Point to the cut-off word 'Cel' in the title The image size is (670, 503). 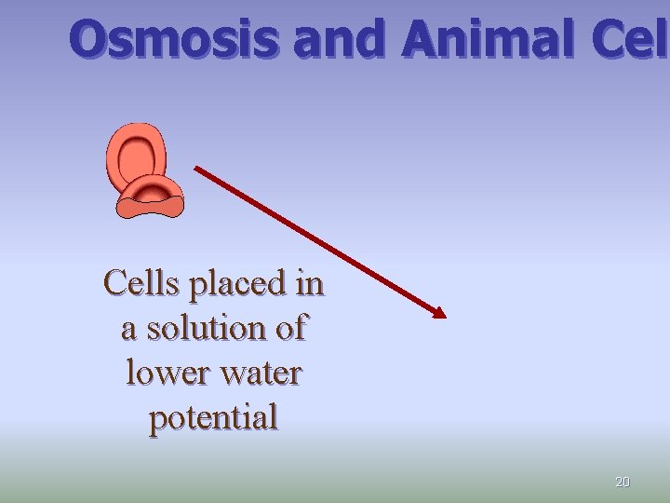click(x=628, y=40)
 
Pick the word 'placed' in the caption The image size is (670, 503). click(x=236, y=283)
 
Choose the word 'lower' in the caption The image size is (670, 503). click(x=163, y=373)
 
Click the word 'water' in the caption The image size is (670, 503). click(x=259, y=373)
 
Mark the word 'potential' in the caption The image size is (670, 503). click(x=213, y=418)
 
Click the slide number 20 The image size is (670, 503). click(x=623, y=482)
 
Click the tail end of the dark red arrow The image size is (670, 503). click(x=196, y=169)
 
